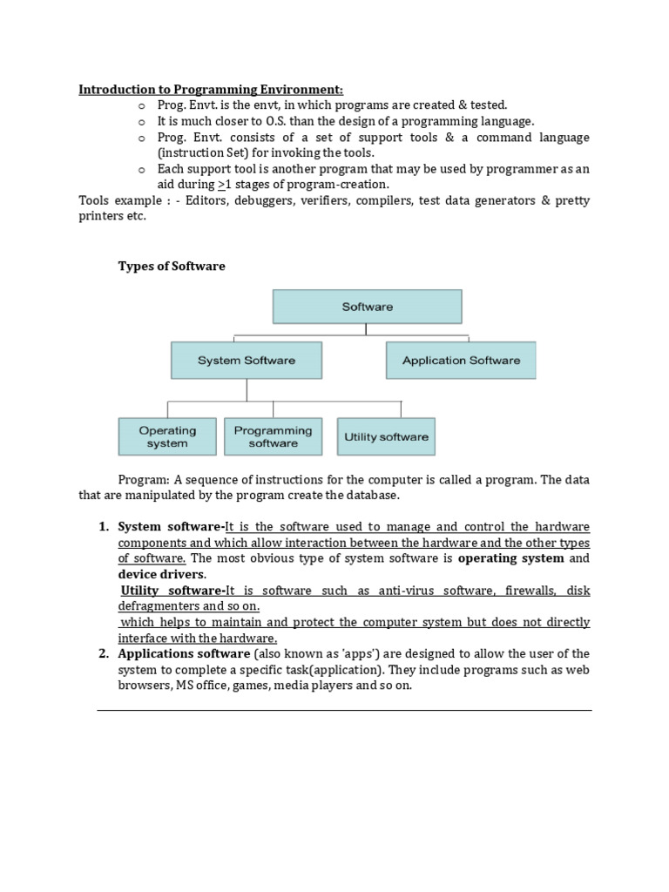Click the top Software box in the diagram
367,307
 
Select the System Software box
247,360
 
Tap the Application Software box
461,360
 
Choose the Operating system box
167,436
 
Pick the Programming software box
273,436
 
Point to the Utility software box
386,436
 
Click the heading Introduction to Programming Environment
212,89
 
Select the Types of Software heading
172,267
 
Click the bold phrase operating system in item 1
511,557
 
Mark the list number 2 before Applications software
102,653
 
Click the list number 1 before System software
102,526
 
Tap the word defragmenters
159,606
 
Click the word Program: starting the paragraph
144,480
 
